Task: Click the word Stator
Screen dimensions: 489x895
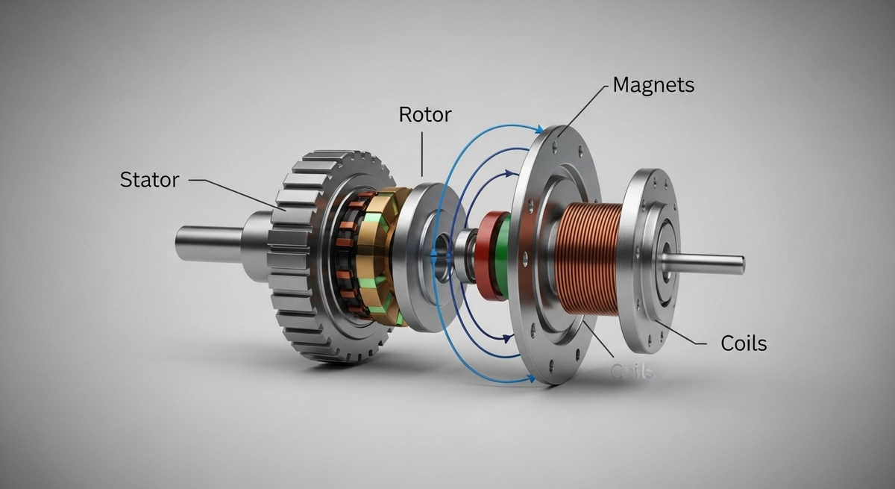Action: pyautogui.click(x=149, y=180)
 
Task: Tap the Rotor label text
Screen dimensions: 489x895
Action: pyautogui.click(x=425, y=114)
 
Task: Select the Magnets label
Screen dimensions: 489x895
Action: pyautogui.click(x=653, y=85)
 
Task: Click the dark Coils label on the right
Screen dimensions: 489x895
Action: pyautogui.click(x=744, y=343)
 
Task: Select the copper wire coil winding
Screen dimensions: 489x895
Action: pyautogui.click(x=589, y=258)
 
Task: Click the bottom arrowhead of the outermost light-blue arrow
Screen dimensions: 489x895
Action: pyautogui.click(x=533, y=379)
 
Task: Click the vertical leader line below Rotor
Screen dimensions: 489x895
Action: pyautogui.click(x=422, y=153)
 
